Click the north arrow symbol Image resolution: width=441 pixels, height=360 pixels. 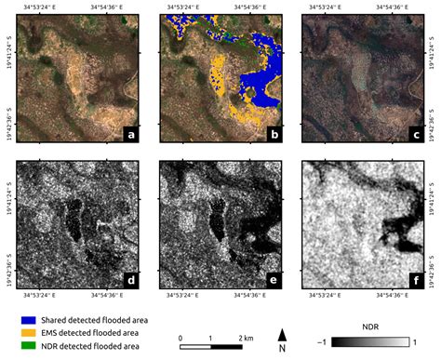click(283, 330)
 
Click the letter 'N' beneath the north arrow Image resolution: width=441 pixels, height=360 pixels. click(283, 349)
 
